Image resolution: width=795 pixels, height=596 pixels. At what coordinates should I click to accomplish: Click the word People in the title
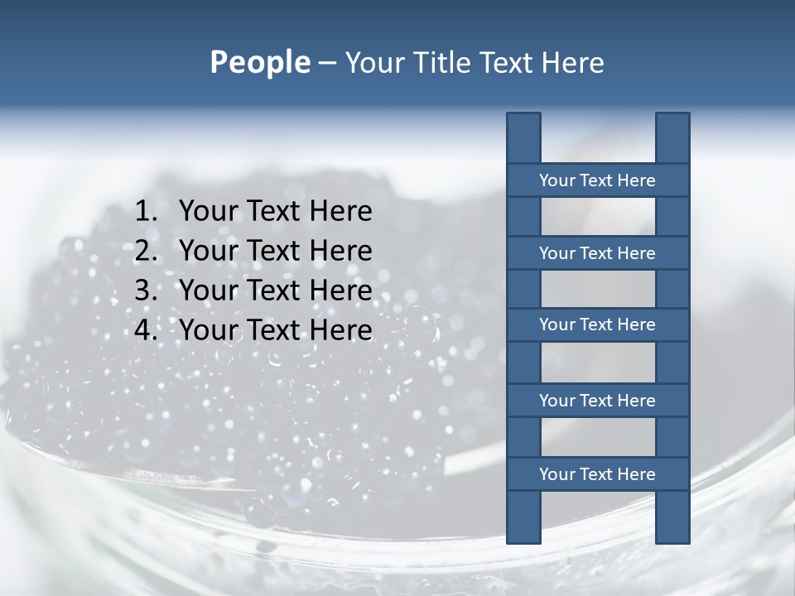pos(259,63)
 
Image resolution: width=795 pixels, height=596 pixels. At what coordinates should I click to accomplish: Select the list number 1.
pos(145,212)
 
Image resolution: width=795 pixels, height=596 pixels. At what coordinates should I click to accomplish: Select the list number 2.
pos(145,251)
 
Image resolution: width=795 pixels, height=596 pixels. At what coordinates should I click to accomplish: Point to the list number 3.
pos(145,291)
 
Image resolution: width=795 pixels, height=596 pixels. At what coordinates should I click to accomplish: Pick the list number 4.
pos(145,330)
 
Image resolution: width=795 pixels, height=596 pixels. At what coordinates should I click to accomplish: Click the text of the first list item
pos(275,212)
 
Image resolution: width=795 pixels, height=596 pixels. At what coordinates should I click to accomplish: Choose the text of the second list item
pos(275,251)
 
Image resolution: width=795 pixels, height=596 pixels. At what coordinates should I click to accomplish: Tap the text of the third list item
pos(275,291)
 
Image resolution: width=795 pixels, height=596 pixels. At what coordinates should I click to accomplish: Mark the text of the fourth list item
pos(275,330)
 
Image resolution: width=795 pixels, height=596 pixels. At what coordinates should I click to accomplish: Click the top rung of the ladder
pos(597,180)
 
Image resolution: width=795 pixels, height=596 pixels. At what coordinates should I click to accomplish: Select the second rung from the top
pos(597,253)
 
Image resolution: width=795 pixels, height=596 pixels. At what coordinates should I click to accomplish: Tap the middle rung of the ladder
pos(597,324)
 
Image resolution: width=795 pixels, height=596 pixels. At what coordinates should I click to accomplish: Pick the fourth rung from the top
pos(597,401)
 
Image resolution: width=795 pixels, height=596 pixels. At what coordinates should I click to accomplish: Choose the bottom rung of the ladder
pos(597,474)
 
